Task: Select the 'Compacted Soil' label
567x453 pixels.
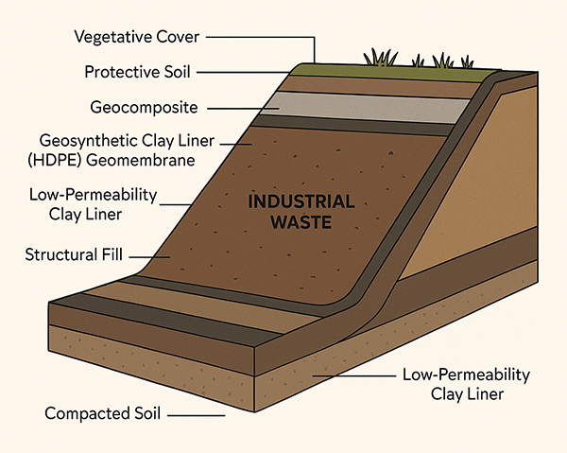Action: click(x=99, y=413)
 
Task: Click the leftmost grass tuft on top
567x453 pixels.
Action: click(x=383, y=59)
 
